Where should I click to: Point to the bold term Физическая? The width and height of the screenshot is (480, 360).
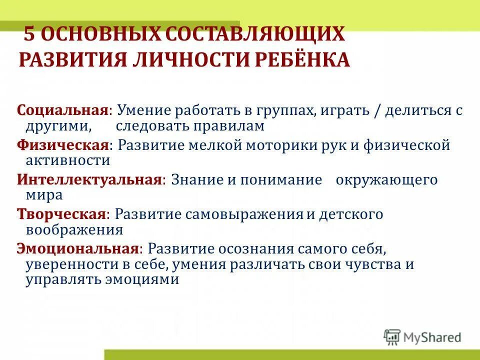coord(63,145)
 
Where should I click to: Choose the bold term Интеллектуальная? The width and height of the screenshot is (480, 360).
coord(89,180)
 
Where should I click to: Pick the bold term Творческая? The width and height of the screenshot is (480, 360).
coord(61,214)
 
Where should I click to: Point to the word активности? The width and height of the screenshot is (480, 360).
coord(67,160)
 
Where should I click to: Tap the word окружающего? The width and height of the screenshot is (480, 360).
coord(386,180)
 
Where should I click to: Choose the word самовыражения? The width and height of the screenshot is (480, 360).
coord(244,215)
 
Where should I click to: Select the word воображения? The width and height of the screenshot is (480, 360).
coord(74,230)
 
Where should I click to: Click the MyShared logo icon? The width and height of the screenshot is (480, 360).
coord(392,336)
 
